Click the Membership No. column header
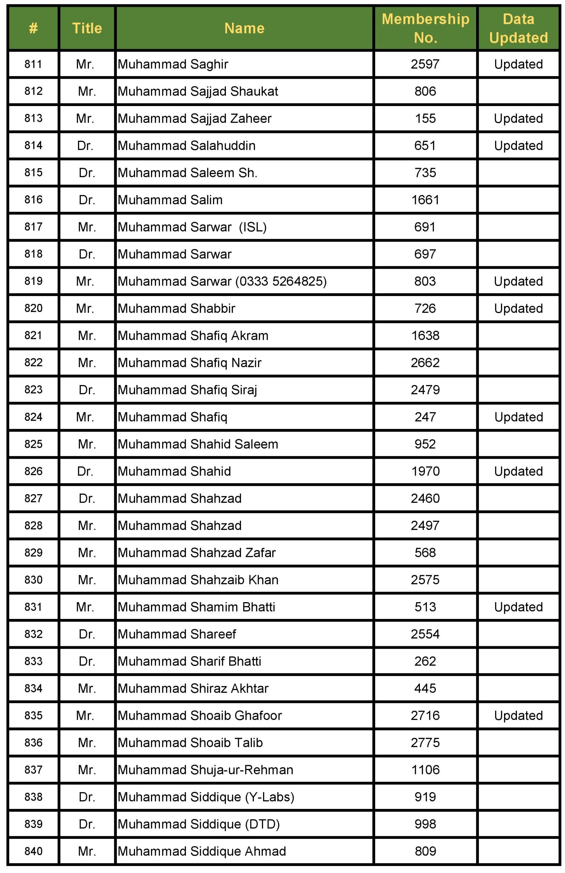pos(425,28)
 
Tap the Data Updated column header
pos(518,28)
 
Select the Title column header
pos(87,28)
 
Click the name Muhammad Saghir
pos(173,64)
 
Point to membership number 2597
pos(425,64)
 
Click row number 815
pos(33,173)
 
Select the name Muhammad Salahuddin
pos(186,146)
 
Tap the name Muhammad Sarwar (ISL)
pos(192,227)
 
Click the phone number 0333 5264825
pos(281,281)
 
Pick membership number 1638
pos(425,336)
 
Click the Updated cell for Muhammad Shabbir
pos(518,309)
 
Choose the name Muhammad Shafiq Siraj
pos(187,390)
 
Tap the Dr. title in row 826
pos(85,471)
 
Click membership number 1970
pos(425,471)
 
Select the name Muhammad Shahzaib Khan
pos(198,580)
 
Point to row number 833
pos(33,661)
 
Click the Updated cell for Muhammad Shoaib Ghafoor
pos(518,716)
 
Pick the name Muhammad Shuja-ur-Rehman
pos(205,770)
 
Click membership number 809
pos(425,852)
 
